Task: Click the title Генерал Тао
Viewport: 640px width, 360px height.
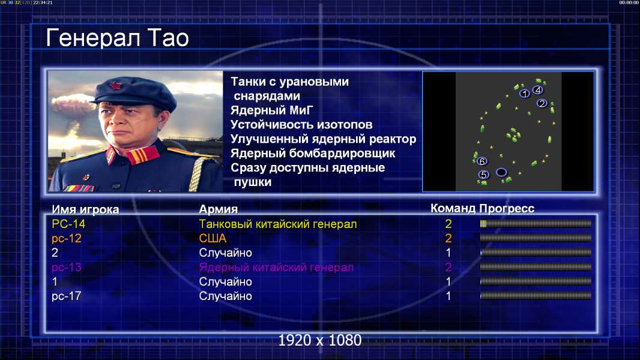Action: (x=117, y=38)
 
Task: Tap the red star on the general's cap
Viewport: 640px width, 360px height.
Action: (x=115, y=85)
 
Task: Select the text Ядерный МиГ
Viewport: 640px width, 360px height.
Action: (x=272, y=110)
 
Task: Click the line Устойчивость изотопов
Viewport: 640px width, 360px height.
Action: (x=301, y=125)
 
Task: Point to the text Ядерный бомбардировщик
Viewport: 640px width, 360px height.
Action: (x=313, y=153)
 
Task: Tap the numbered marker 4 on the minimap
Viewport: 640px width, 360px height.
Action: (x=537, y=90)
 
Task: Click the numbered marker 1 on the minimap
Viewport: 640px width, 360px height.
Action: (x=525, y=94)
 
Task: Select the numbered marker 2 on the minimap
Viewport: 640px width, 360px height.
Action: (x=542, y=103)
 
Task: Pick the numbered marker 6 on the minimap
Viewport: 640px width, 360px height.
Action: (x=482, y=161)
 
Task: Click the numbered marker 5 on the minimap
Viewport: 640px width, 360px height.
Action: (x=484, y=175)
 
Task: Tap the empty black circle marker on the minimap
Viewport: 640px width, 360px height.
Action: (x=501, y=172)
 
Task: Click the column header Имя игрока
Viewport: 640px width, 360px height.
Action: (x=85, y=209)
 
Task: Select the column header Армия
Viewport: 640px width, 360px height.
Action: (x=218, y=209)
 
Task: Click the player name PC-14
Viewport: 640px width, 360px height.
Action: (x=68, y=224)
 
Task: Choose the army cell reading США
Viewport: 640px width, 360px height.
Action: (x=213, y=239)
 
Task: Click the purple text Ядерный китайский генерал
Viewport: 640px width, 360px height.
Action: (x=276, y=268)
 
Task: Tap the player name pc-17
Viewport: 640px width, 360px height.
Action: (x=67, y=296)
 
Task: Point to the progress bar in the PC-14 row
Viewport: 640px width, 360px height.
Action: (x=536, y=223)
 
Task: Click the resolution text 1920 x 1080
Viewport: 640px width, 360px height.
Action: (x=320, y=340)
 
